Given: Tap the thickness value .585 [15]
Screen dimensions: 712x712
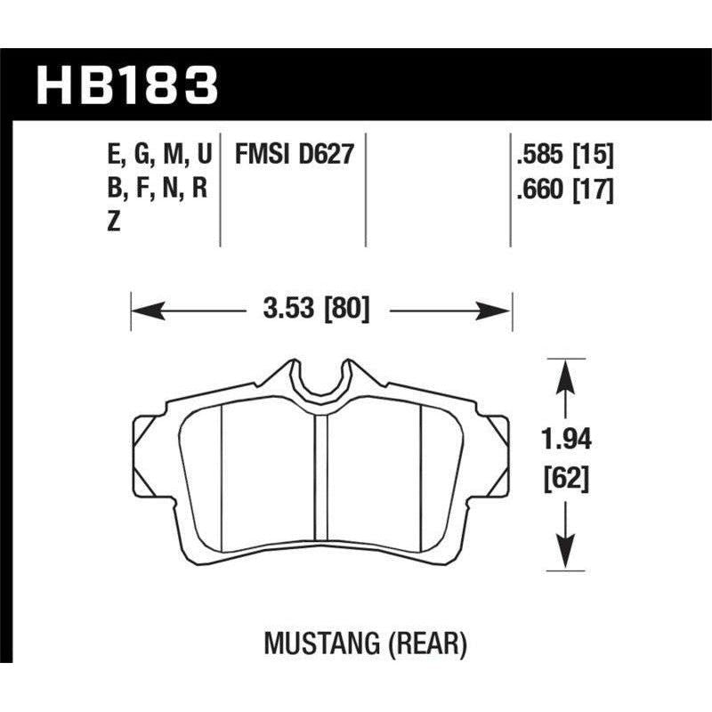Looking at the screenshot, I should (560, 155).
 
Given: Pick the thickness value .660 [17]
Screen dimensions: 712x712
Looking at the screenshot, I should (560, 189).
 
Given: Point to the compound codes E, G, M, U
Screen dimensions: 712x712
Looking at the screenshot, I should (158, 155).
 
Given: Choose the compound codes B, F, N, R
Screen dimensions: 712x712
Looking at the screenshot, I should (158, 189).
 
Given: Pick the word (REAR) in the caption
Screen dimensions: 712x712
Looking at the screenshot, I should (435, 644).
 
